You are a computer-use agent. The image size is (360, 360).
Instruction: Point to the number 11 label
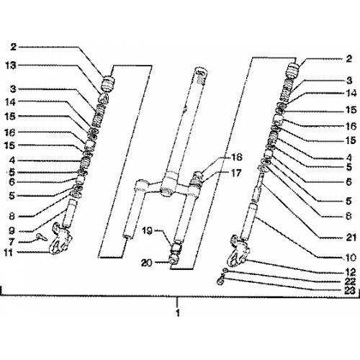coord(9,253)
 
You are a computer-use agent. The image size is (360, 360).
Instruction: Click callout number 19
coord(147,231)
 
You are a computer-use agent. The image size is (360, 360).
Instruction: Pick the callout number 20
coord(147,264)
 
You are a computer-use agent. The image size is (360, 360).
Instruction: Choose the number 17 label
coord(236,173)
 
